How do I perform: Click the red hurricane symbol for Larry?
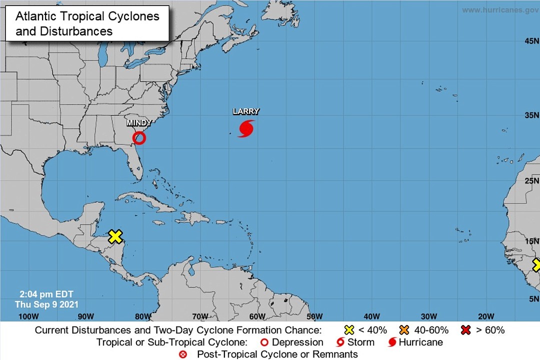(246, 128)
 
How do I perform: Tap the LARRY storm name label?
(246, 111)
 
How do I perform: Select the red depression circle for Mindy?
(139, 138)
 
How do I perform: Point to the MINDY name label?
(139, 123)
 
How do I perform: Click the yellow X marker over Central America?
(115, 236)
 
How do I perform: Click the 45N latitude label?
(531, 41)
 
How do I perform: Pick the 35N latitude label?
(531, 115)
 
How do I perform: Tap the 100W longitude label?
(28, 316)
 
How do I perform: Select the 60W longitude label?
(257, 316)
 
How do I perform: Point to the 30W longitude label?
(429, 316)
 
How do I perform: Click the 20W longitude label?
(486, 316)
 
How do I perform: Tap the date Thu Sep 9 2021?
(46, 304)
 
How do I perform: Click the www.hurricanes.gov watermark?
(500, 10)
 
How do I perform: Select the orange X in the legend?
(404, 330)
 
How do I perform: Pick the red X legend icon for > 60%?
(467, 330)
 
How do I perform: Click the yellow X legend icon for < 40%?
(349, 330)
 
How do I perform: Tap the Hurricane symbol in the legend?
(392, 342)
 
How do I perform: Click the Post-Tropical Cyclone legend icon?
(183, 354)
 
